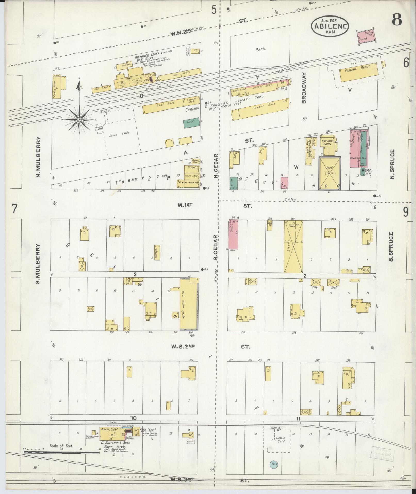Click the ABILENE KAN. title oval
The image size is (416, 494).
[330, 26]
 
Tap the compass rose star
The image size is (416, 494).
[79, 120]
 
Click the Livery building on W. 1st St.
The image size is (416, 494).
[293, 246]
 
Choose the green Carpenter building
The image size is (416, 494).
[191, 123]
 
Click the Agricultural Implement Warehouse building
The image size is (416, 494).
[189, 304]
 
